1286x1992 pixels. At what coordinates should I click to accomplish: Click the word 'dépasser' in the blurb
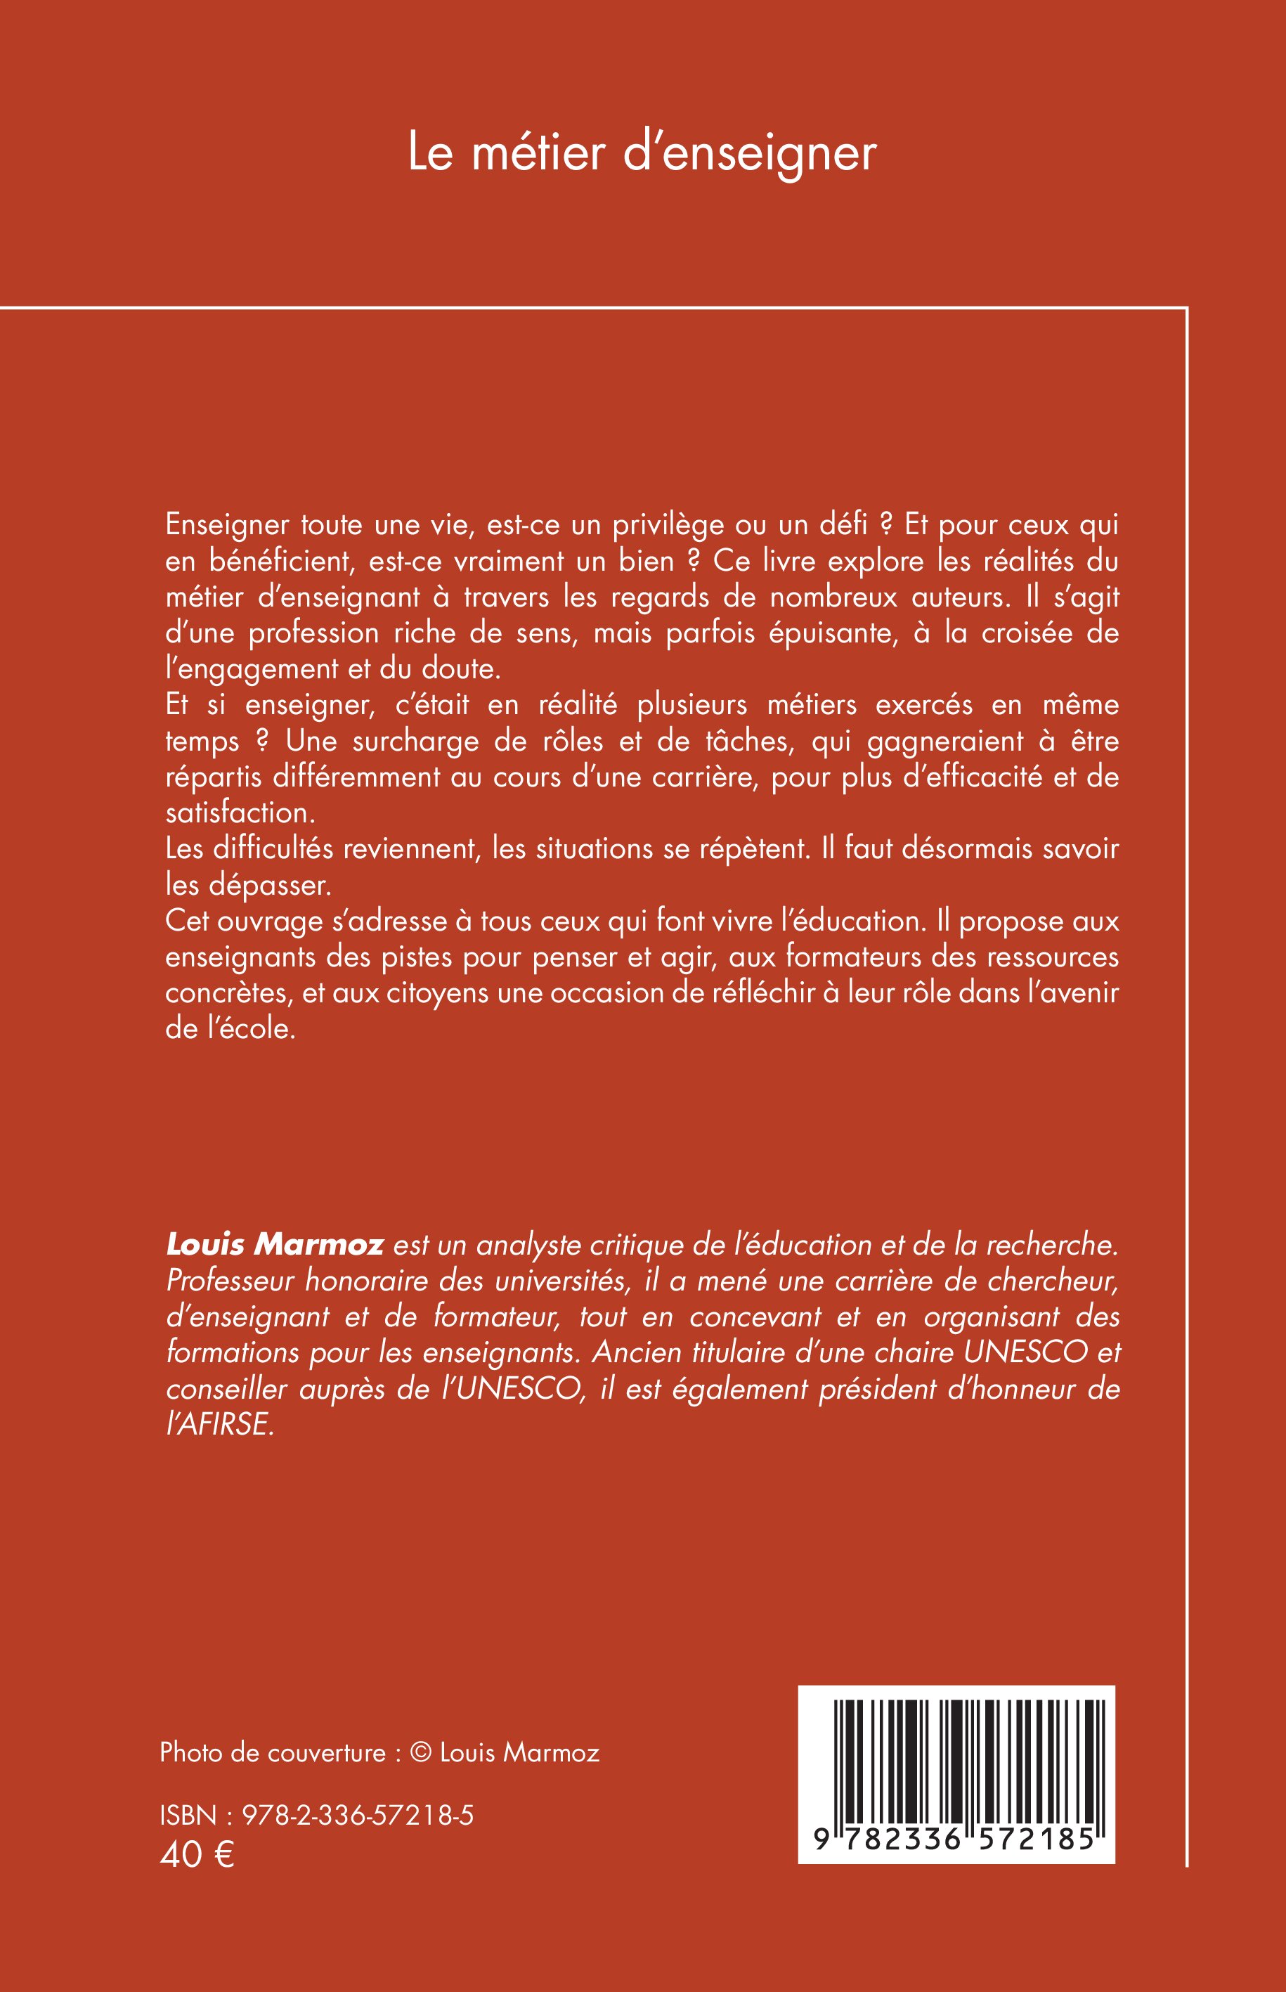coord(280,884)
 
